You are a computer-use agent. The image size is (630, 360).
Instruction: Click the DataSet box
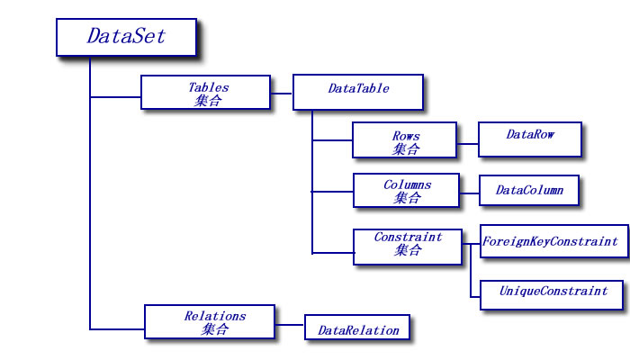126,37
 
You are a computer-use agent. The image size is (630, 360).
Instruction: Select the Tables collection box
206,93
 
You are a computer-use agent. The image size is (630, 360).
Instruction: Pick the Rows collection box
405,141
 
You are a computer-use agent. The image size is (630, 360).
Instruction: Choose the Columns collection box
406,191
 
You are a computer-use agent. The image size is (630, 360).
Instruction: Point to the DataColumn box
530,191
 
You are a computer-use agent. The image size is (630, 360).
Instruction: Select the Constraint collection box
407,244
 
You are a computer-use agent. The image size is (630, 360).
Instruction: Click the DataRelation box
357,328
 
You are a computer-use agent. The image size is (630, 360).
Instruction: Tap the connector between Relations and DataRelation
290,324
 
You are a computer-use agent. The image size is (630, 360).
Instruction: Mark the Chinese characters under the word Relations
213,329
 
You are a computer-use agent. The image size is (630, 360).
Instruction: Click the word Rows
405,136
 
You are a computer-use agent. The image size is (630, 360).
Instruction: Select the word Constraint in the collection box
408,238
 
